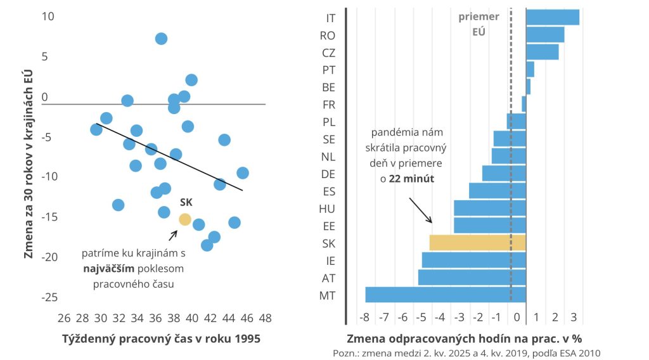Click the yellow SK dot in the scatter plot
(184, 219)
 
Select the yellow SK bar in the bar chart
(477, 243)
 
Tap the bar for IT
(552, 17)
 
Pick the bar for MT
(446, 295)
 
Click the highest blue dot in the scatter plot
(161, 39)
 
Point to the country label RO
(328, 35)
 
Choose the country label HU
(328, 208)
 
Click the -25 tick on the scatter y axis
(49, 297)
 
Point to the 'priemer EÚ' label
(479, 23)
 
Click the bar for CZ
(542, 52)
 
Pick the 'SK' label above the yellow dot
(186, 203)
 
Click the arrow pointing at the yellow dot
(172, 236)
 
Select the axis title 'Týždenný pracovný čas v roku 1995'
(161, 338)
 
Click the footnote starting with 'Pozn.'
(466, 352)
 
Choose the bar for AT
(472, 277)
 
